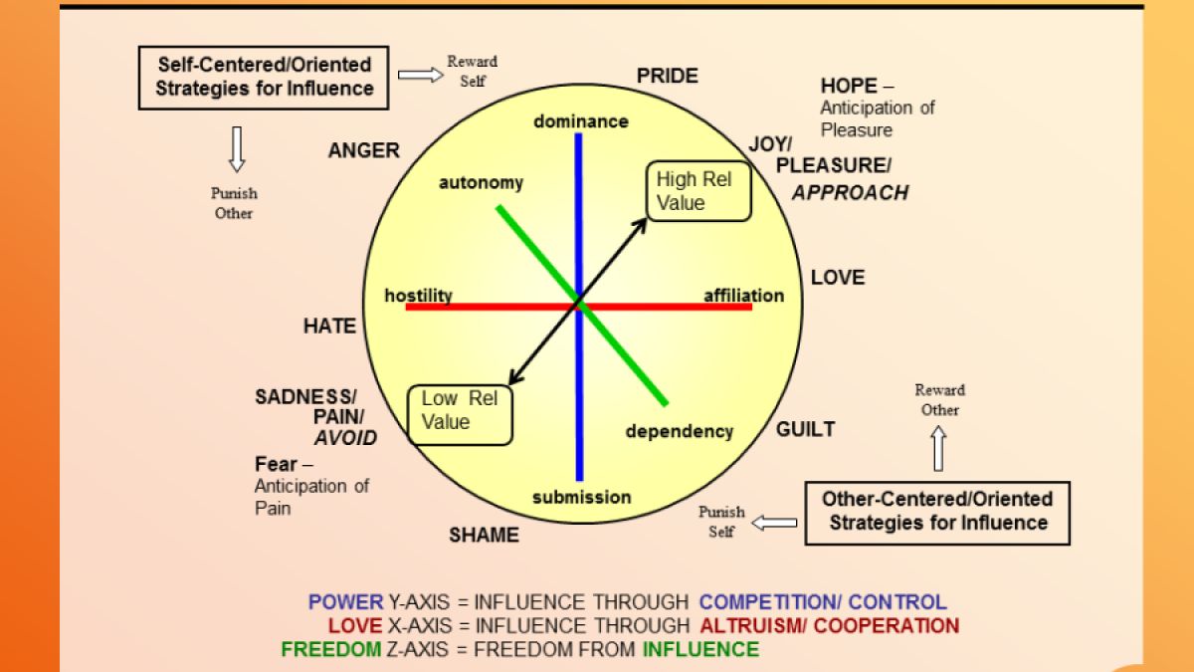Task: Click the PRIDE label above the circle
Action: pyautogui.click(x=668, y=76)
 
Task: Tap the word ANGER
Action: pyautogui.click(x=363, y=151)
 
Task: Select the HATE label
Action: pyautogui.click(x=329, y=326)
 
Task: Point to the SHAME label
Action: pyautogui.click(x=484, y=535)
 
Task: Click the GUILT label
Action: pyautogui.click(x=805, y=430)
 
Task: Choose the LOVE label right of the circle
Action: pyautogui.click(x=838, y=278)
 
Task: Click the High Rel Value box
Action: pyautogui.click(x=698, y=191)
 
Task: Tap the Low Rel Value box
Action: pyautogui.click(x=461, y=411)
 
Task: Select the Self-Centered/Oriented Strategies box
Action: pyautogui.click(x=264, y=77)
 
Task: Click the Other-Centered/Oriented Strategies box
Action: pyautogui.click(x=936, y=512)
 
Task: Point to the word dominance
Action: pyautogui.click(x=581, y=121)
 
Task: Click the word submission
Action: pyautogui.click(x=581, y=497)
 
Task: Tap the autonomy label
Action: pyautogui.click(x=481, y=183)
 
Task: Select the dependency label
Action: pyautogui.click(x=679, y=431)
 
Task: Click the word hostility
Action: pyautogui.click(x=418, y=296)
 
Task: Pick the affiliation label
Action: pyautogui.click(x=743, y=296)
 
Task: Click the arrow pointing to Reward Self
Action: pyautogui.click(x=420, y=75)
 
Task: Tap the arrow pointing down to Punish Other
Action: pyautogui.click(x=236, y=149)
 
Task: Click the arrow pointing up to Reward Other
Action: pyautogui.click(x=938, y=449)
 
